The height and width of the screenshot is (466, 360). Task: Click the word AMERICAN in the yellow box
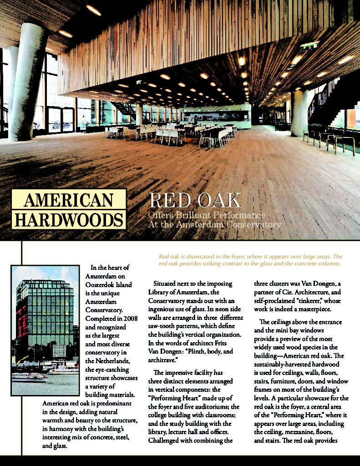point(68,200)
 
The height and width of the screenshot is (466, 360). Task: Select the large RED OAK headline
point(194,201)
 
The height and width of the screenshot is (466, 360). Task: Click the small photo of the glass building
point(45,330)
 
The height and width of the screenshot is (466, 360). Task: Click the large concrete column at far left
point(27,82)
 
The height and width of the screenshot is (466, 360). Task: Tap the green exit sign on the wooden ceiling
point(309,45)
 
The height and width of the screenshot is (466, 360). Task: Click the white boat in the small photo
point(28,376)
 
